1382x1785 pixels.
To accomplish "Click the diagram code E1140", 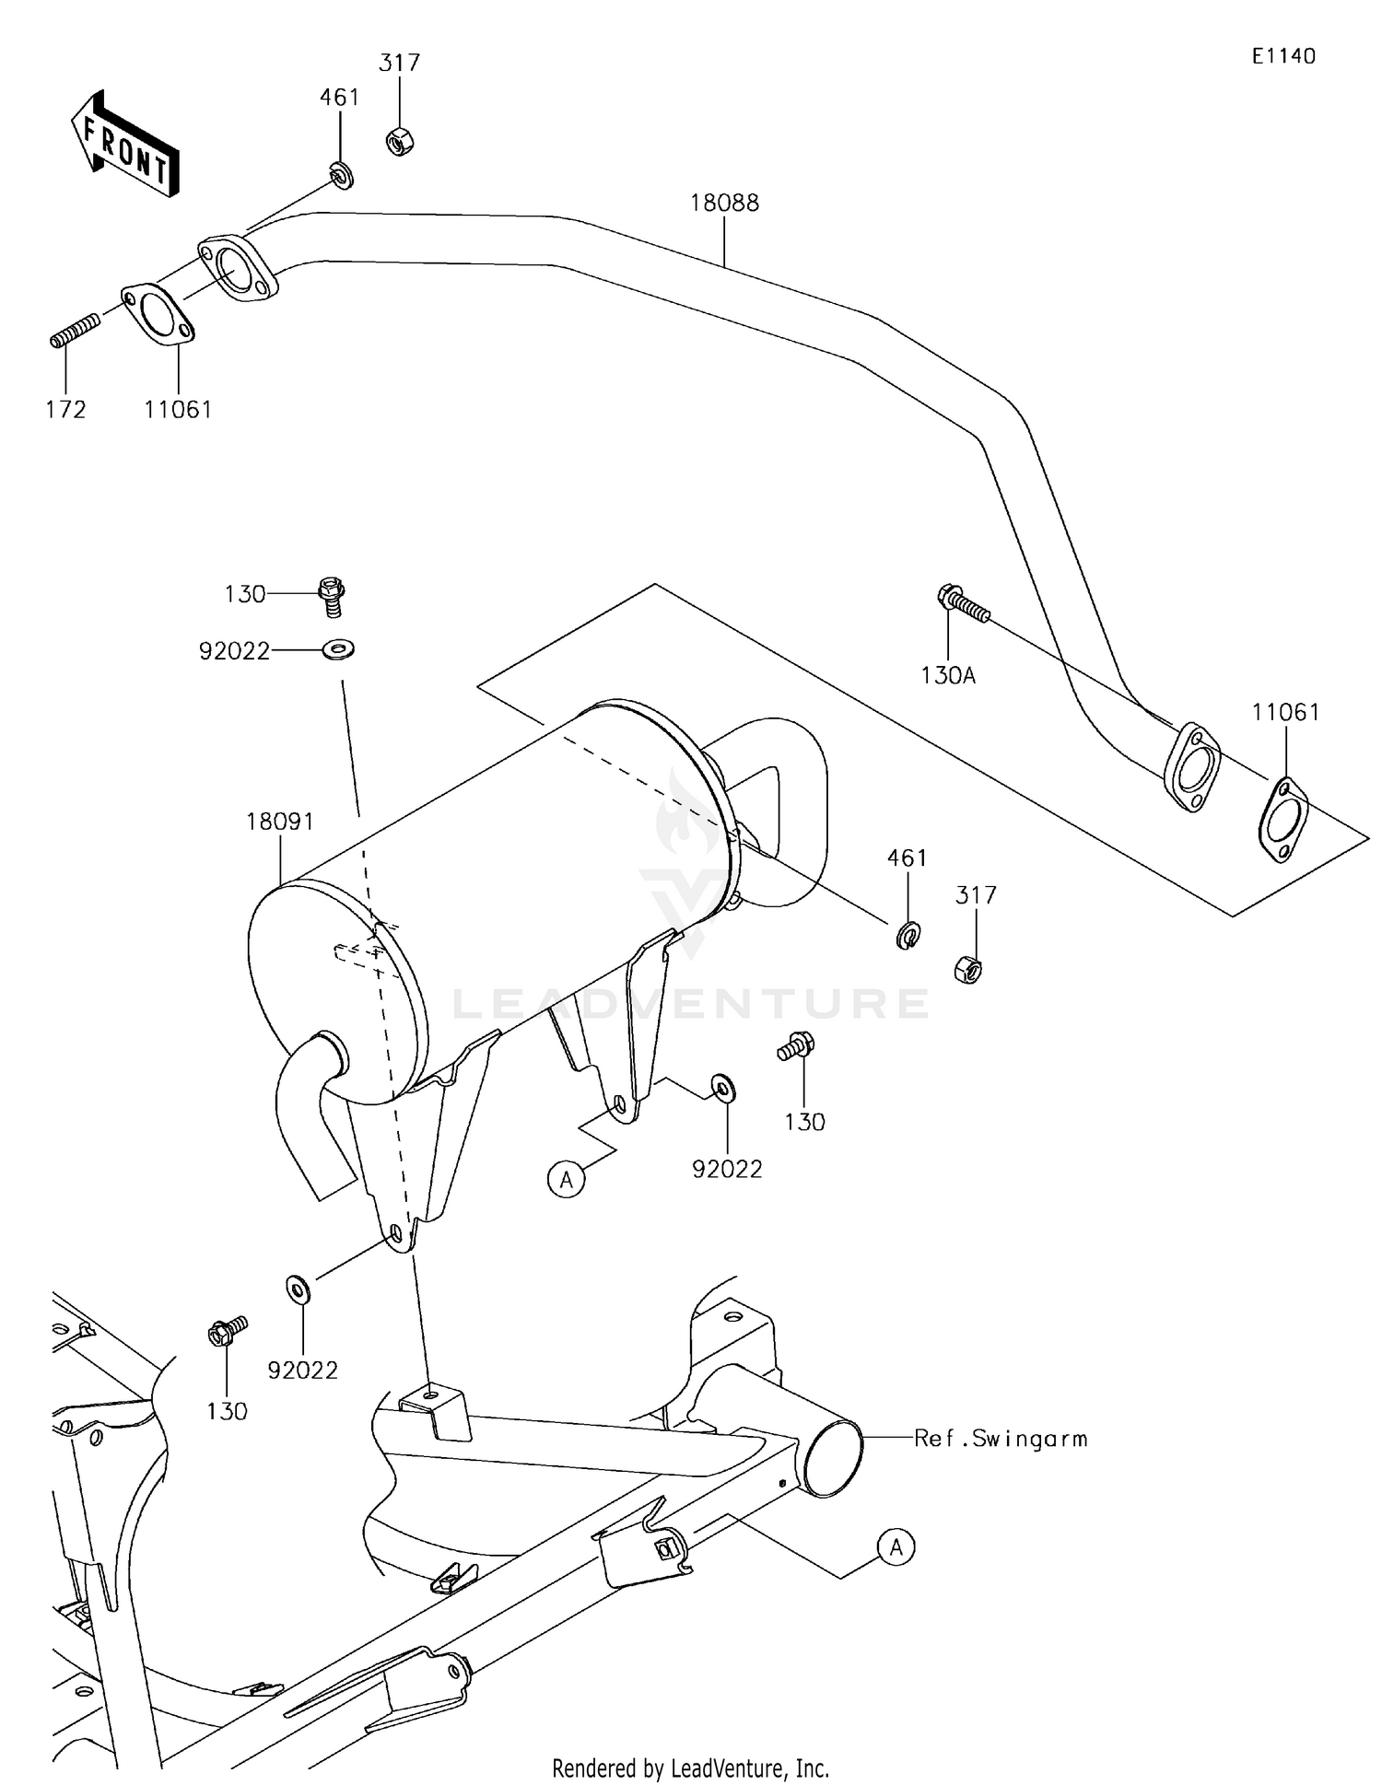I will (x=1282, y=56).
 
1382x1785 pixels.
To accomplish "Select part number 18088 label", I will (x=724, y=203).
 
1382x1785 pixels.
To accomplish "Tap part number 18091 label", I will (x=280, y=821).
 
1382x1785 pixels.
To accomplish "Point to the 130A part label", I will (x=948, y=675).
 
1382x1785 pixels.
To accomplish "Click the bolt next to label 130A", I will (x=963, y=604).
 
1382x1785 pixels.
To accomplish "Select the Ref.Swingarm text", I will (x=1001, y=1438).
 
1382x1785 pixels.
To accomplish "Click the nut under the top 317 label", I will (x=399, y=142).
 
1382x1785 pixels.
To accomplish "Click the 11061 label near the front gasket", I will (x=178, y=410).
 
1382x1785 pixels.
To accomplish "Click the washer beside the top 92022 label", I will (x=338, y=650).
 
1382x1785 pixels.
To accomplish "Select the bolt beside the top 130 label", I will (x=331, y=595).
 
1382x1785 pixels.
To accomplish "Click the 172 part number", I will (x=65, y=410).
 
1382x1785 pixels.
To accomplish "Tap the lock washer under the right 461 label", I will (x=908, y=936).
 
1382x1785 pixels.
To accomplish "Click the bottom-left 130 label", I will (x=227, y=1411).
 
